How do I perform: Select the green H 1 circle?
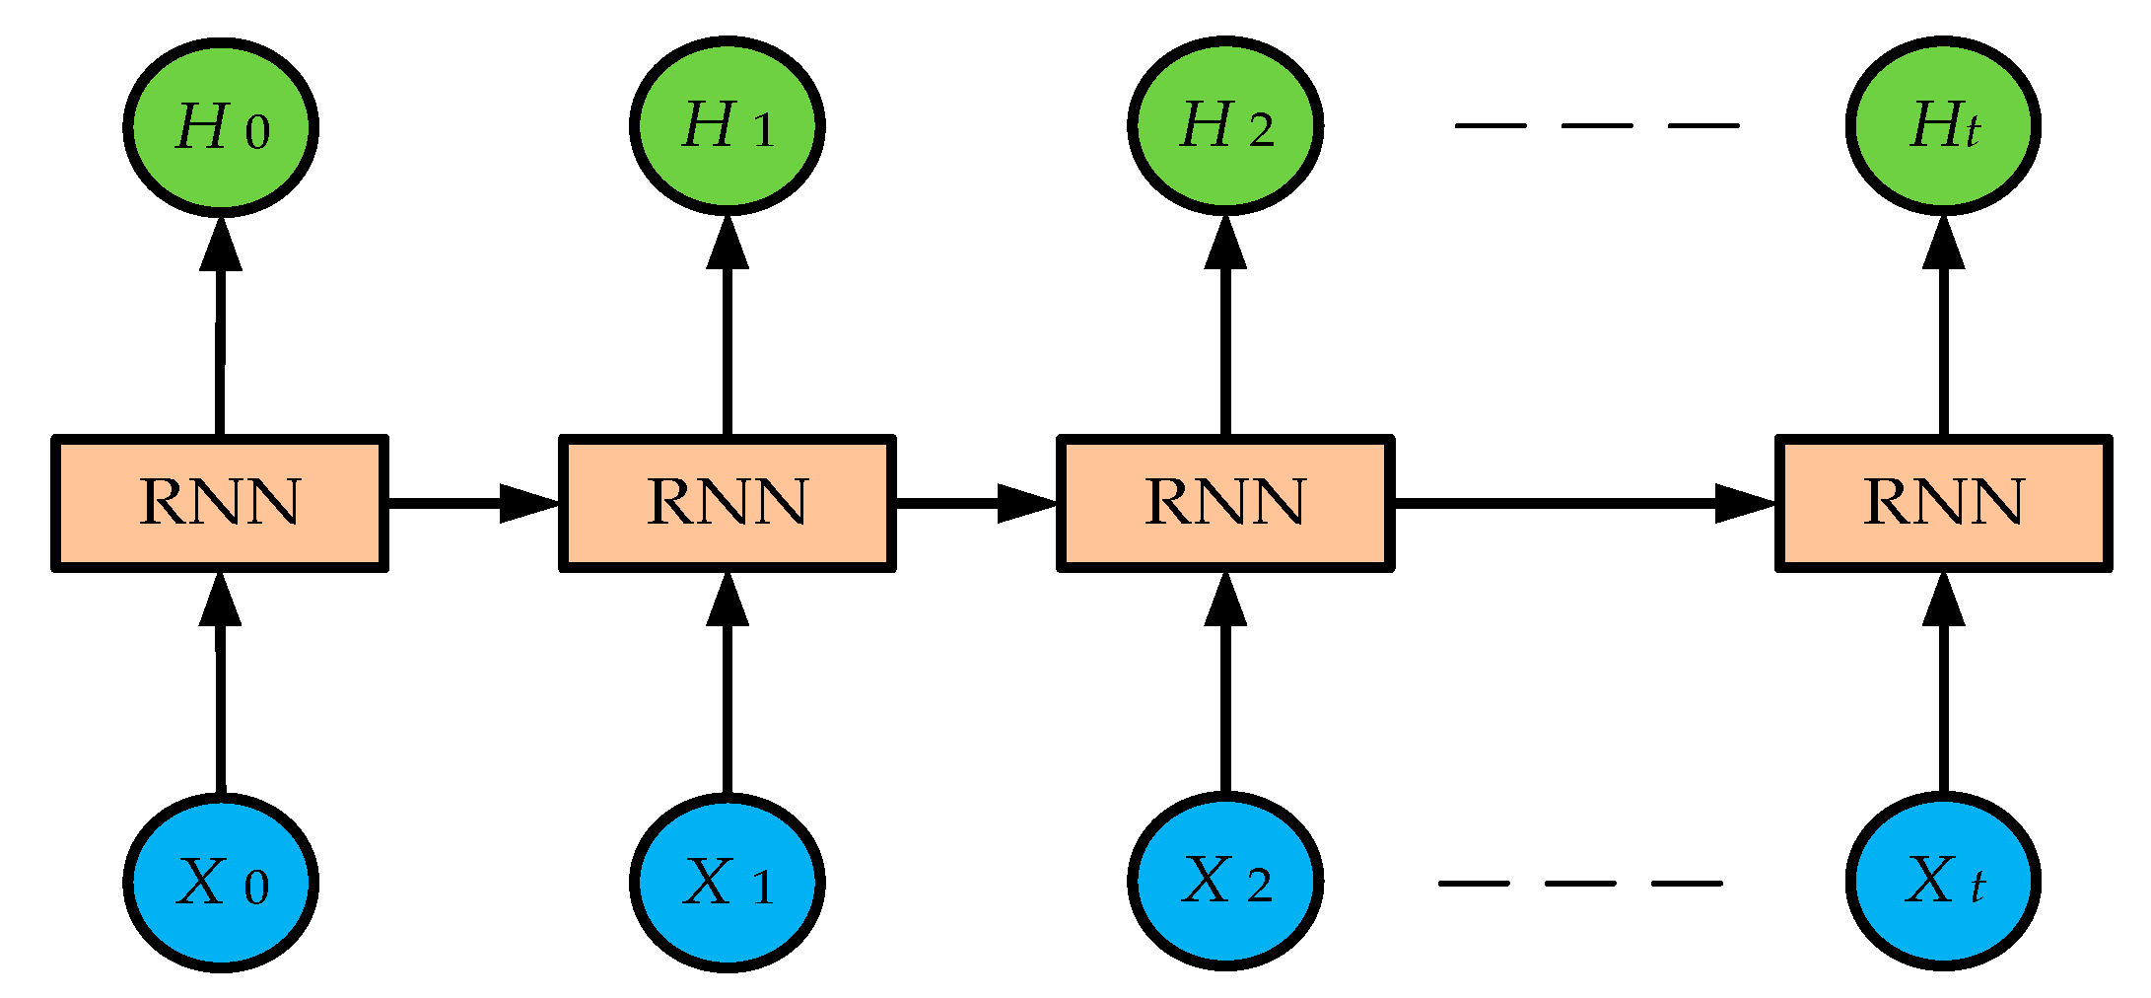pos(728,126)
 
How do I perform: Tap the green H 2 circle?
pos(1225,126)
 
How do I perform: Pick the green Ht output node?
pos(1943,126)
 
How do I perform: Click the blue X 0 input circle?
pos(221,882)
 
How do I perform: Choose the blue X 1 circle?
pos(728,882)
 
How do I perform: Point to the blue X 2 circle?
pos(1225,881)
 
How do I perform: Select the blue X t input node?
pos(1943,881)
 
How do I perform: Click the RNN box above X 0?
pos(220,503)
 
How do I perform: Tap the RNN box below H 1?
pos(728,503)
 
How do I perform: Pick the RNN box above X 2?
pos(1225,503)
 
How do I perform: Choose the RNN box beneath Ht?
pos(1943,503)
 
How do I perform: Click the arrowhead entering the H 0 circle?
pos(221,244)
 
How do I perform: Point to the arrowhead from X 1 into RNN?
pos(728,600)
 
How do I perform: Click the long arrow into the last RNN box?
pos(1577,503)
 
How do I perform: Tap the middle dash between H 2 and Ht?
pos(1597,126)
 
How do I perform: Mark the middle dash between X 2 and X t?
pos(1580,884)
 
